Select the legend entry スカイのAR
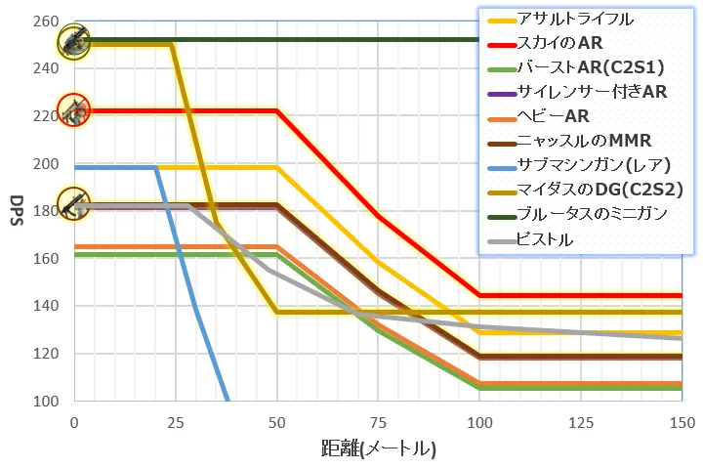point(561,44)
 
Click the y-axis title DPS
point(17,211)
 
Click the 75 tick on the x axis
point(378,422)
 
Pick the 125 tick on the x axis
point(580,422)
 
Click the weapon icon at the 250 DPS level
point(73,41)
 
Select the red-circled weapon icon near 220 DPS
point(73,111)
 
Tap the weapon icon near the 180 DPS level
point(73,204)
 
